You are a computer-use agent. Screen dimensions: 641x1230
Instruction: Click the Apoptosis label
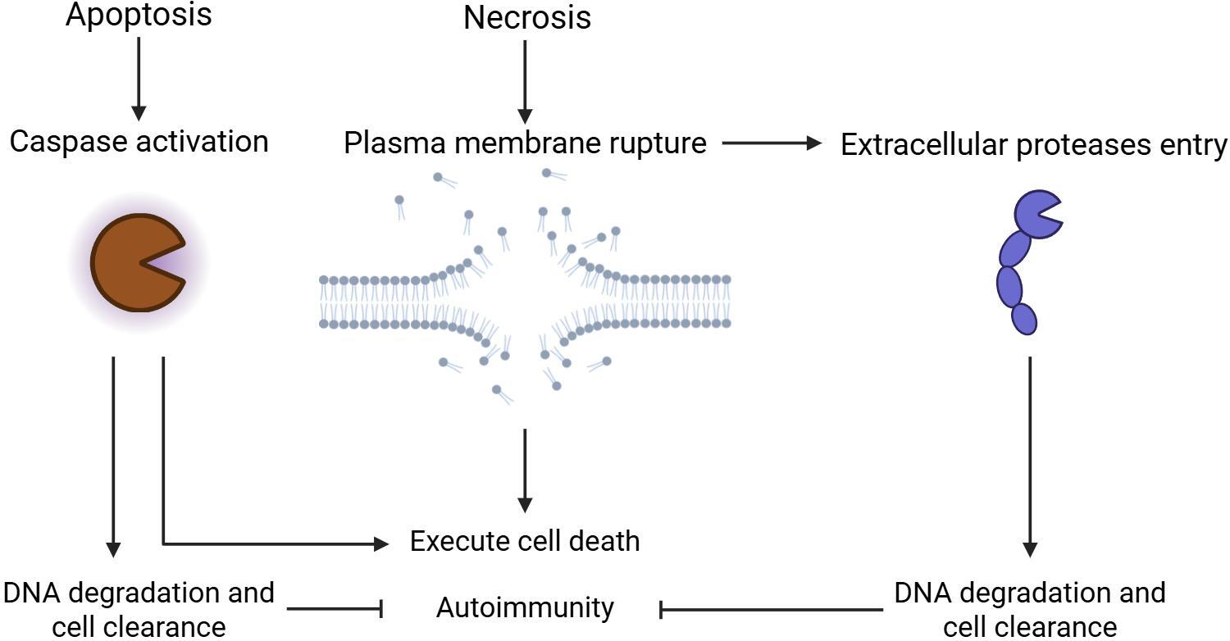pyautogui.click(x=138, y=14)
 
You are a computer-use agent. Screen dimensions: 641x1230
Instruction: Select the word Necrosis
pyautogui.click(x=526, y=17)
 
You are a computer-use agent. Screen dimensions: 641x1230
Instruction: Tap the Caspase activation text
pyautogui.click(x=139, y=141)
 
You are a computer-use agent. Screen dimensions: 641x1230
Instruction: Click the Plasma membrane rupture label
pyautogui.click(x=525, y=143)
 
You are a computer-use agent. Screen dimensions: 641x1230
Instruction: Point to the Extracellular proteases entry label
pyautogui.click(x=1033, y=144)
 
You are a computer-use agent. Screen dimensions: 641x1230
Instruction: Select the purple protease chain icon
pyautogui.click(x=1021, y=262)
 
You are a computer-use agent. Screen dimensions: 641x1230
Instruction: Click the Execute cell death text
pyautogui.click(x=525, y=541)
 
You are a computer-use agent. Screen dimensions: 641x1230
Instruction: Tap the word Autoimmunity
pyautogui.click(x=525, y=607)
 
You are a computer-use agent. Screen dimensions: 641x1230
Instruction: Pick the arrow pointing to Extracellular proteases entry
pyautogui.click(x=771, y=143)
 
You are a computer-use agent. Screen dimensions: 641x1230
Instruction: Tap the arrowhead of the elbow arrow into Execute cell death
pyautogui.click(x=381, y=543)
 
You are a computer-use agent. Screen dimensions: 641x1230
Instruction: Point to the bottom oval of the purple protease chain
pyautogui.click(x=1024, y=318)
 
